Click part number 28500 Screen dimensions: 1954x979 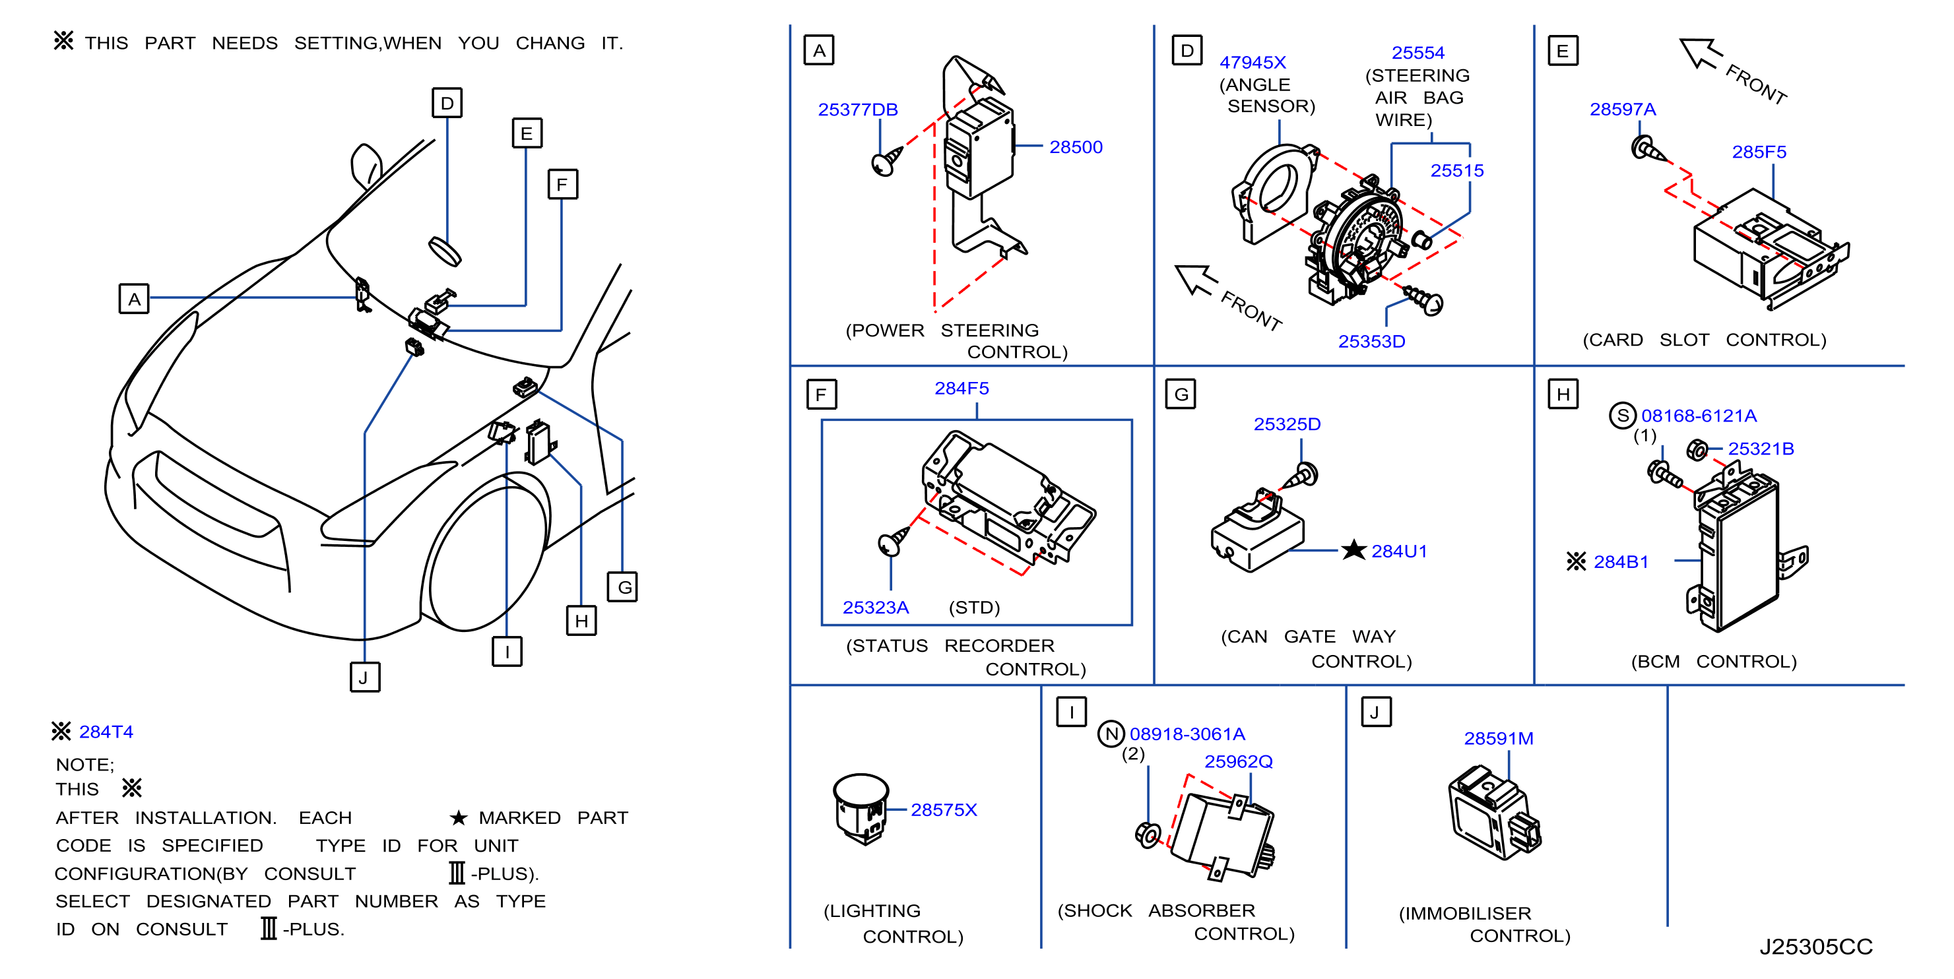1075,147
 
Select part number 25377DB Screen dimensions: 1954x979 857,110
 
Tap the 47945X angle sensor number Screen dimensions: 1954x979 1253,62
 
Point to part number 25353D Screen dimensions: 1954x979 1371,341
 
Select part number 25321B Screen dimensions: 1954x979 1761,449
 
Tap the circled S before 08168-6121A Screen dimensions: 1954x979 1622,416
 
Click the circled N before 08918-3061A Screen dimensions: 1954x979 1111,734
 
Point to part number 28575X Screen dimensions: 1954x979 943,810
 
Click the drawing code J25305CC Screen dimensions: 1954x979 1815,947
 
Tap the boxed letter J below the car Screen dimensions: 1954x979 364,678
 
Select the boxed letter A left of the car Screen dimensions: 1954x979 133,299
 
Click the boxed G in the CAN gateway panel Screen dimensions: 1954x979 1181,395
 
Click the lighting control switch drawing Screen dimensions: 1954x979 861,808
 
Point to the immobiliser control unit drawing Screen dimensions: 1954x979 1493,812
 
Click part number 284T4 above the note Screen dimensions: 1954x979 106,732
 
